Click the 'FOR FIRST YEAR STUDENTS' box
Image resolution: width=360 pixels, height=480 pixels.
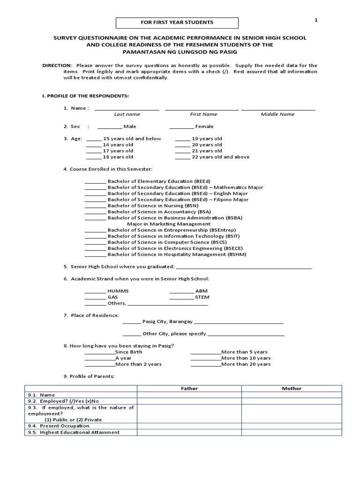click(x=177, y=22)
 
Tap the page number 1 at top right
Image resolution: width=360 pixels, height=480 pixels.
click(x=316, y=20)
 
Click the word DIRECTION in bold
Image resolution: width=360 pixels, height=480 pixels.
click(x=57, y=65)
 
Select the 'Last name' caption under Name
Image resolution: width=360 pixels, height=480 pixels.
click(x=127, y=114)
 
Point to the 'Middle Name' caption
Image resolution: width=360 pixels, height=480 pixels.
click(x=277, y=114)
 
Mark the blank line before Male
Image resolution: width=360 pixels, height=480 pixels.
click(x=110, y=127)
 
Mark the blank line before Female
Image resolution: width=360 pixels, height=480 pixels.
click(x=181, y=127)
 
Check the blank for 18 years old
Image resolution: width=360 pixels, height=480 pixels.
click(x=94, y=157)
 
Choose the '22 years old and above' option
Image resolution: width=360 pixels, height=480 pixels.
click(x=220, y=157)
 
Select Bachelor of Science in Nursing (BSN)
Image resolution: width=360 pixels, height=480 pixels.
click(x=153, y=206)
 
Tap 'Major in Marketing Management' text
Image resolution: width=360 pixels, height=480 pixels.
click(x=162, y=224)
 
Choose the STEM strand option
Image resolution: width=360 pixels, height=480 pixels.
click(x=202, y=297)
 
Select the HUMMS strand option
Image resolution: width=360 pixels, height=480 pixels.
click(x=118, y=291)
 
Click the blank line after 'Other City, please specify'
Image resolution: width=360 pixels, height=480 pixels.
click(x=246, y=334)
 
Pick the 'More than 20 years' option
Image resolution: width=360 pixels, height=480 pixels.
click(x=246, y=364)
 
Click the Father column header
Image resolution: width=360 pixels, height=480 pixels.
click(x=189, y=389)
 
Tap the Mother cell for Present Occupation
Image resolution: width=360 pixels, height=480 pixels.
click(x=292, y=426)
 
